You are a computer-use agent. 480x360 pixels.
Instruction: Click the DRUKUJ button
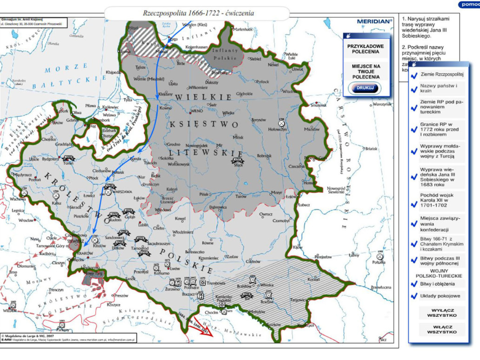[364, 88]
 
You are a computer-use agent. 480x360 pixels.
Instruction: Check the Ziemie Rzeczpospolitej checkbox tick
[413, 74]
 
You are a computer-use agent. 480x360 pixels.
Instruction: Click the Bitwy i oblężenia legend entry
[438, 284]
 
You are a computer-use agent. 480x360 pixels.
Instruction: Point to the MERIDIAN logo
[374, 21]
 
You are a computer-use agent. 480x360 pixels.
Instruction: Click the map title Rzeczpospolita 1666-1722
[198, 13]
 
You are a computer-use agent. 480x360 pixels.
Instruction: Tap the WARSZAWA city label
[124, 191]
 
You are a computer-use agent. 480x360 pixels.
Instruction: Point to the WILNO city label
[197, 112]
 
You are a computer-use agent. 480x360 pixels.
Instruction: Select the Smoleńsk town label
[319, 106]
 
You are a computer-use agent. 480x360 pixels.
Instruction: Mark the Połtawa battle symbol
[380, 256]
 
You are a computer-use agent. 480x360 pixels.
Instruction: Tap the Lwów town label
[175, 269]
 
